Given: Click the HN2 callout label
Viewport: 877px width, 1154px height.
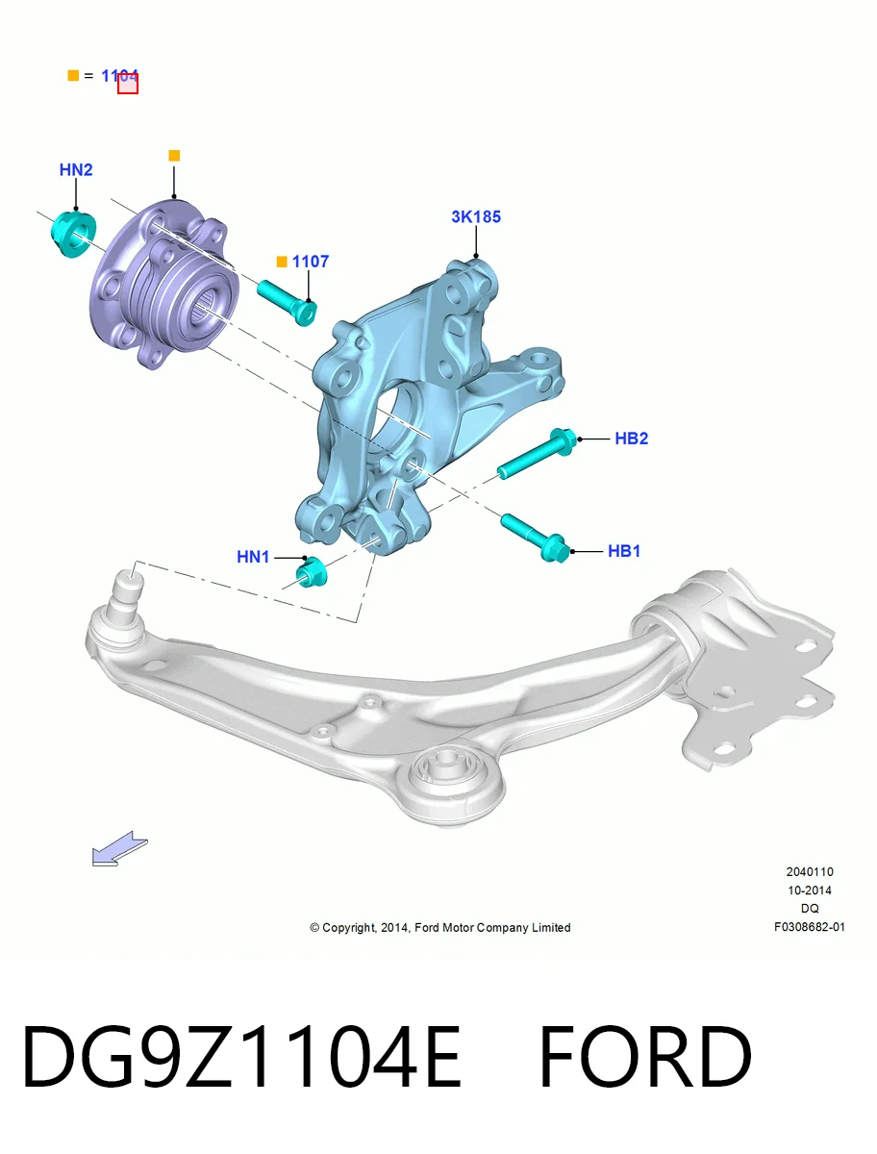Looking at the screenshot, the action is tap(76, 170).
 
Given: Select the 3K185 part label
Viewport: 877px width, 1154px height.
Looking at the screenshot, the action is tap(476, 216).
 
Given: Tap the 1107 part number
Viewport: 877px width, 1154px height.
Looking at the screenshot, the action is tap(310, 262).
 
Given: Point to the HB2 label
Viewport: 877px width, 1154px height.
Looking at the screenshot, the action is tap(632, 439).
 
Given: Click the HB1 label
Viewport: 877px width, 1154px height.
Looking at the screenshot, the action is tap(624, 551).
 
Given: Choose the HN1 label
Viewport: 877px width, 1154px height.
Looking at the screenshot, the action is tap(253, 557).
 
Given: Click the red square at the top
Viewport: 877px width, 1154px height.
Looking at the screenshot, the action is tap(128, 84).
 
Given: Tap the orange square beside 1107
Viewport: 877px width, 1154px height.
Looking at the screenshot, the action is tap(282, 262).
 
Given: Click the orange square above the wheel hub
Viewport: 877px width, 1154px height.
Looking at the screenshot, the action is tap(174, 156).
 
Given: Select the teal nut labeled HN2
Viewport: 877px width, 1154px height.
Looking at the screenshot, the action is tap(73, 235).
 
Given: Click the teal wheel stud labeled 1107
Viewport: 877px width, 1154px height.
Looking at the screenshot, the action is tap(287, 303).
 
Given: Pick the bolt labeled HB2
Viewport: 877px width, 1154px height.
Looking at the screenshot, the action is tap(537, 453).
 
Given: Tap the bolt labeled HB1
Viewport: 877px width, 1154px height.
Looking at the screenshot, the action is tap(535, 538).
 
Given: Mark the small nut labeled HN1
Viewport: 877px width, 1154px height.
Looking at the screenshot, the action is tap(312, 573).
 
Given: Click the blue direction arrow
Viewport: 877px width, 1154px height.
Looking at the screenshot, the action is tap(120, 849).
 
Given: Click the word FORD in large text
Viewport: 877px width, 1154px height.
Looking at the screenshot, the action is tap(645, 1057).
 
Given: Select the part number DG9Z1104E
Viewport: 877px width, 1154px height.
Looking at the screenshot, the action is tap(241, 1057).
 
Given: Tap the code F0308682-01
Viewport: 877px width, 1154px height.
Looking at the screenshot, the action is tap(810, 927).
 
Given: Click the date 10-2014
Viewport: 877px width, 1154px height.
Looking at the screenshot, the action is tap(810, 891).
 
